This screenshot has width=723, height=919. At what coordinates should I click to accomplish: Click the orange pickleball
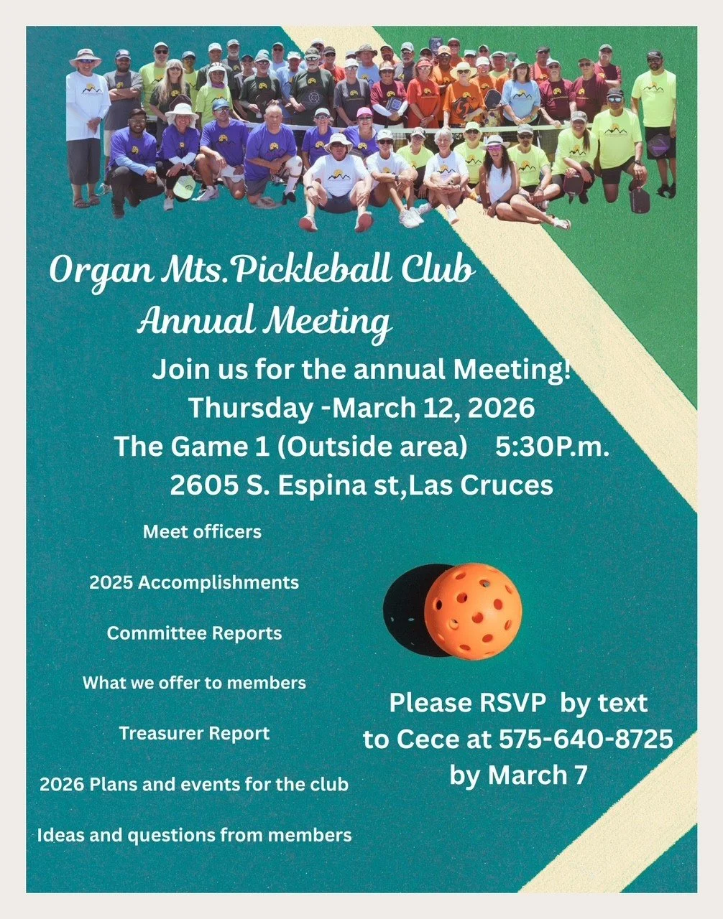472,611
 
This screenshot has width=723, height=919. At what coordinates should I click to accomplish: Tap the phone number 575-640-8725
586,739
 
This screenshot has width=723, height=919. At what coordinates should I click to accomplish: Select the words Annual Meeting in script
264,321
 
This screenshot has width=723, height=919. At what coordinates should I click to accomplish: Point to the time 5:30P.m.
552,447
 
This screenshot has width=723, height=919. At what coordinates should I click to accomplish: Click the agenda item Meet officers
202,532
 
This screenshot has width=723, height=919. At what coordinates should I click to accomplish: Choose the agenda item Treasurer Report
194,734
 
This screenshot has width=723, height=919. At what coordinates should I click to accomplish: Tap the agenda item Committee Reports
194,633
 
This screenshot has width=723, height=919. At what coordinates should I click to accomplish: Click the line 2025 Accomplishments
194,582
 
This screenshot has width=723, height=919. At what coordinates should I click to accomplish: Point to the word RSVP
509,703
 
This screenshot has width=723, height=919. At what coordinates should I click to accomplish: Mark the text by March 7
518,775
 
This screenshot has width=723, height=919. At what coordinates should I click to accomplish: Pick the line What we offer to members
194,683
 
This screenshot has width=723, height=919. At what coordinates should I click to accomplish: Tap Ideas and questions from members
194,835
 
